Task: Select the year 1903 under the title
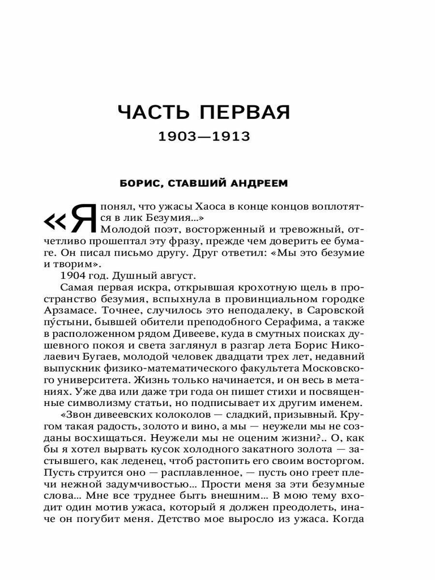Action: click(x=177, y=137)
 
